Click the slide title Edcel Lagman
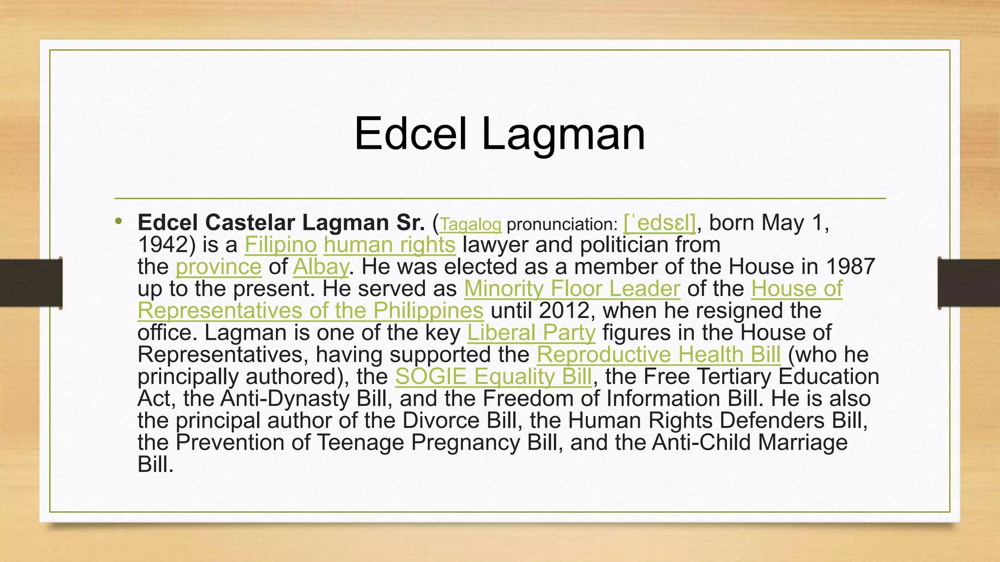(499, 134)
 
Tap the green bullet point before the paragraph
(118, 222)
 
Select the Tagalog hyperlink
(470, 224)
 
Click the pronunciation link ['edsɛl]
(659, 223)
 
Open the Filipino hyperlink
(280, 245)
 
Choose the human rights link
(389, 245)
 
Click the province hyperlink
(218, 267)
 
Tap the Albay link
(321, 267)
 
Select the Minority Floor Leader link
(571, 289)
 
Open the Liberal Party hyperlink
(531, 333)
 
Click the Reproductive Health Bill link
(659, 355)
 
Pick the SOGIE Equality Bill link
(493, 377)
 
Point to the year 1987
(850, 267)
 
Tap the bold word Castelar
(251, 223)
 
